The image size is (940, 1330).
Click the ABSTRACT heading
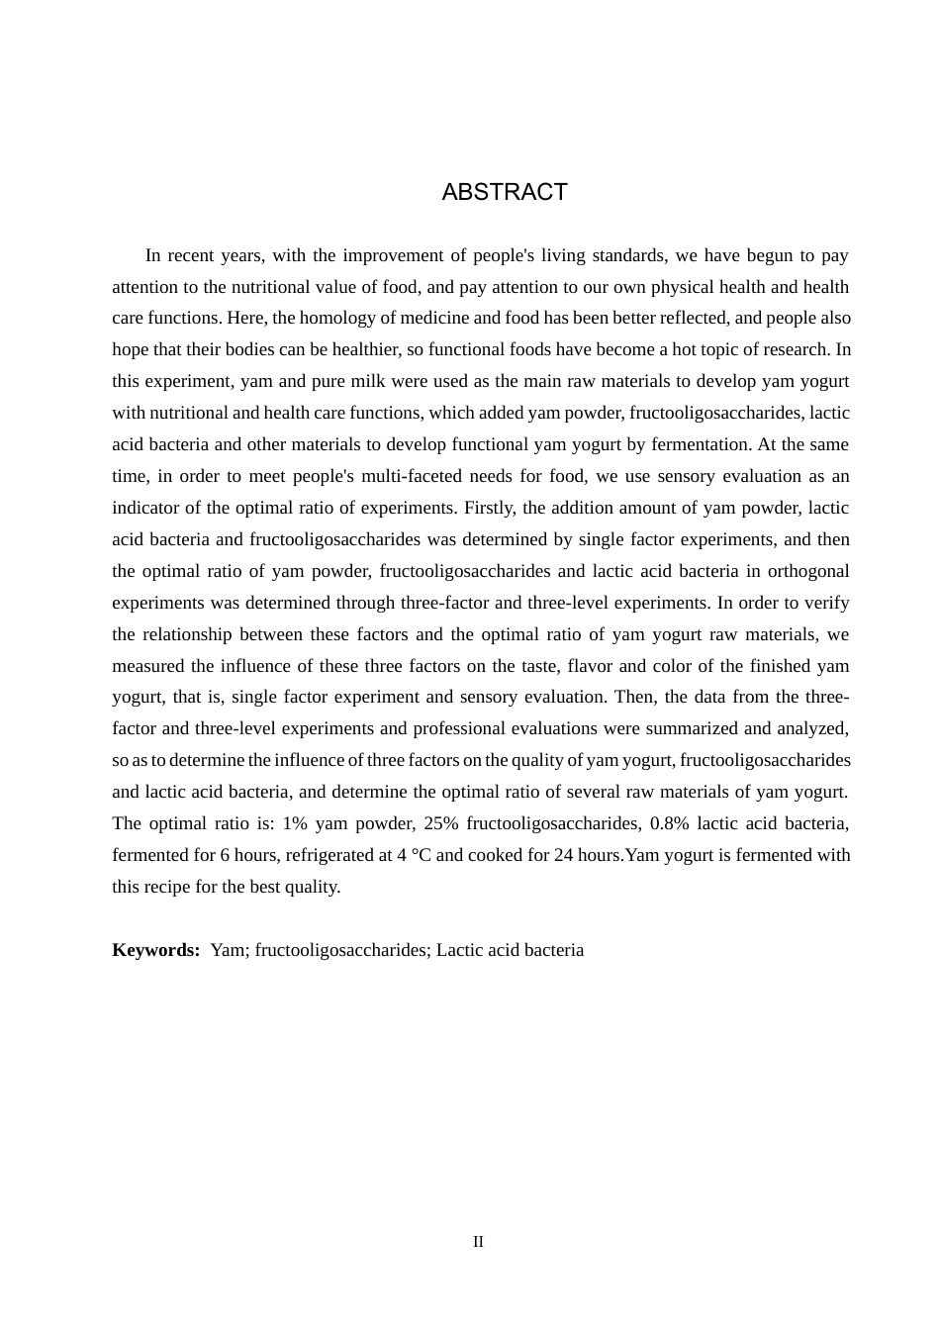point(505,192)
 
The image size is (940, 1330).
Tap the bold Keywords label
point(155,950)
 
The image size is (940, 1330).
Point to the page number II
point(478,1241)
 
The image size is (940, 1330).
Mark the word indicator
point(145,508)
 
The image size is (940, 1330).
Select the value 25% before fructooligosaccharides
point(441,823)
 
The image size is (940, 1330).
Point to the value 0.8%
point(669,823)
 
